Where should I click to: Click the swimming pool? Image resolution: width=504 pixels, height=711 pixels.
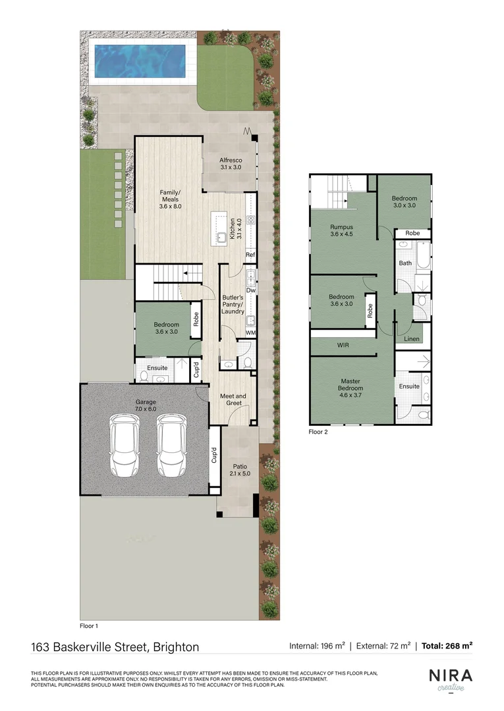point(142,59)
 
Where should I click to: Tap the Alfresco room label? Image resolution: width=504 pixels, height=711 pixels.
point(231,164)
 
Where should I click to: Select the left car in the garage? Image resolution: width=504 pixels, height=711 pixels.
point(124,445)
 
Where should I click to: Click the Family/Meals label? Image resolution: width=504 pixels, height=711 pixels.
point(170,199)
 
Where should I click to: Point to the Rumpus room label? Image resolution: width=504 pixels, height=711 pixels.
point(341,231)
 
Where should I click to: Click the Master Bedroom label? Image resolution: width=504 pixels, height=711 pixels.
point(350,384)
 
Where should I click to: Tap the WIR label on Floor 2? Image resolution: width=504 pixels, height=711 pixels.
point(343,345)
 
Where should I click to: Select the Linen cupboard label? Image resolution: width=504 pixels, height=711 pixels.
point(412,339)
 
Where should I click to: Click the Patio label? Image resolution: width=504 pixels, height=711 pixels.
point(239,467)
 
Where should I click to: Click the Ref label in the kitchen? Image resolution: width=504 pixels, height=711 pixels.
point(250,255)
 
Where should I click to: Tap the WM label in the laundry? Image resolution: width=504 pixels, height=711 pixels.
point(250,333)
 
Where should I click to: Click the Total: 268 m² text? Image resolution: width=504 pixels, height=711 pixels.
point(447,646)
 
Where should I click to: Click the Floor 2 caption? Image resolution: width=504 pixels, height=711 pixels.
point(318,433)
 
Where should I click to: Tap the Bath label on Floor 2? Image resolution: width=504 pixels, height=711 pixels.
point(405,263)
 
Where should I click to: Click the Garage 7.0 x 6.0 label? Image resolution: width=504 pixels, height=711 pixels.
point(146,405)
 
